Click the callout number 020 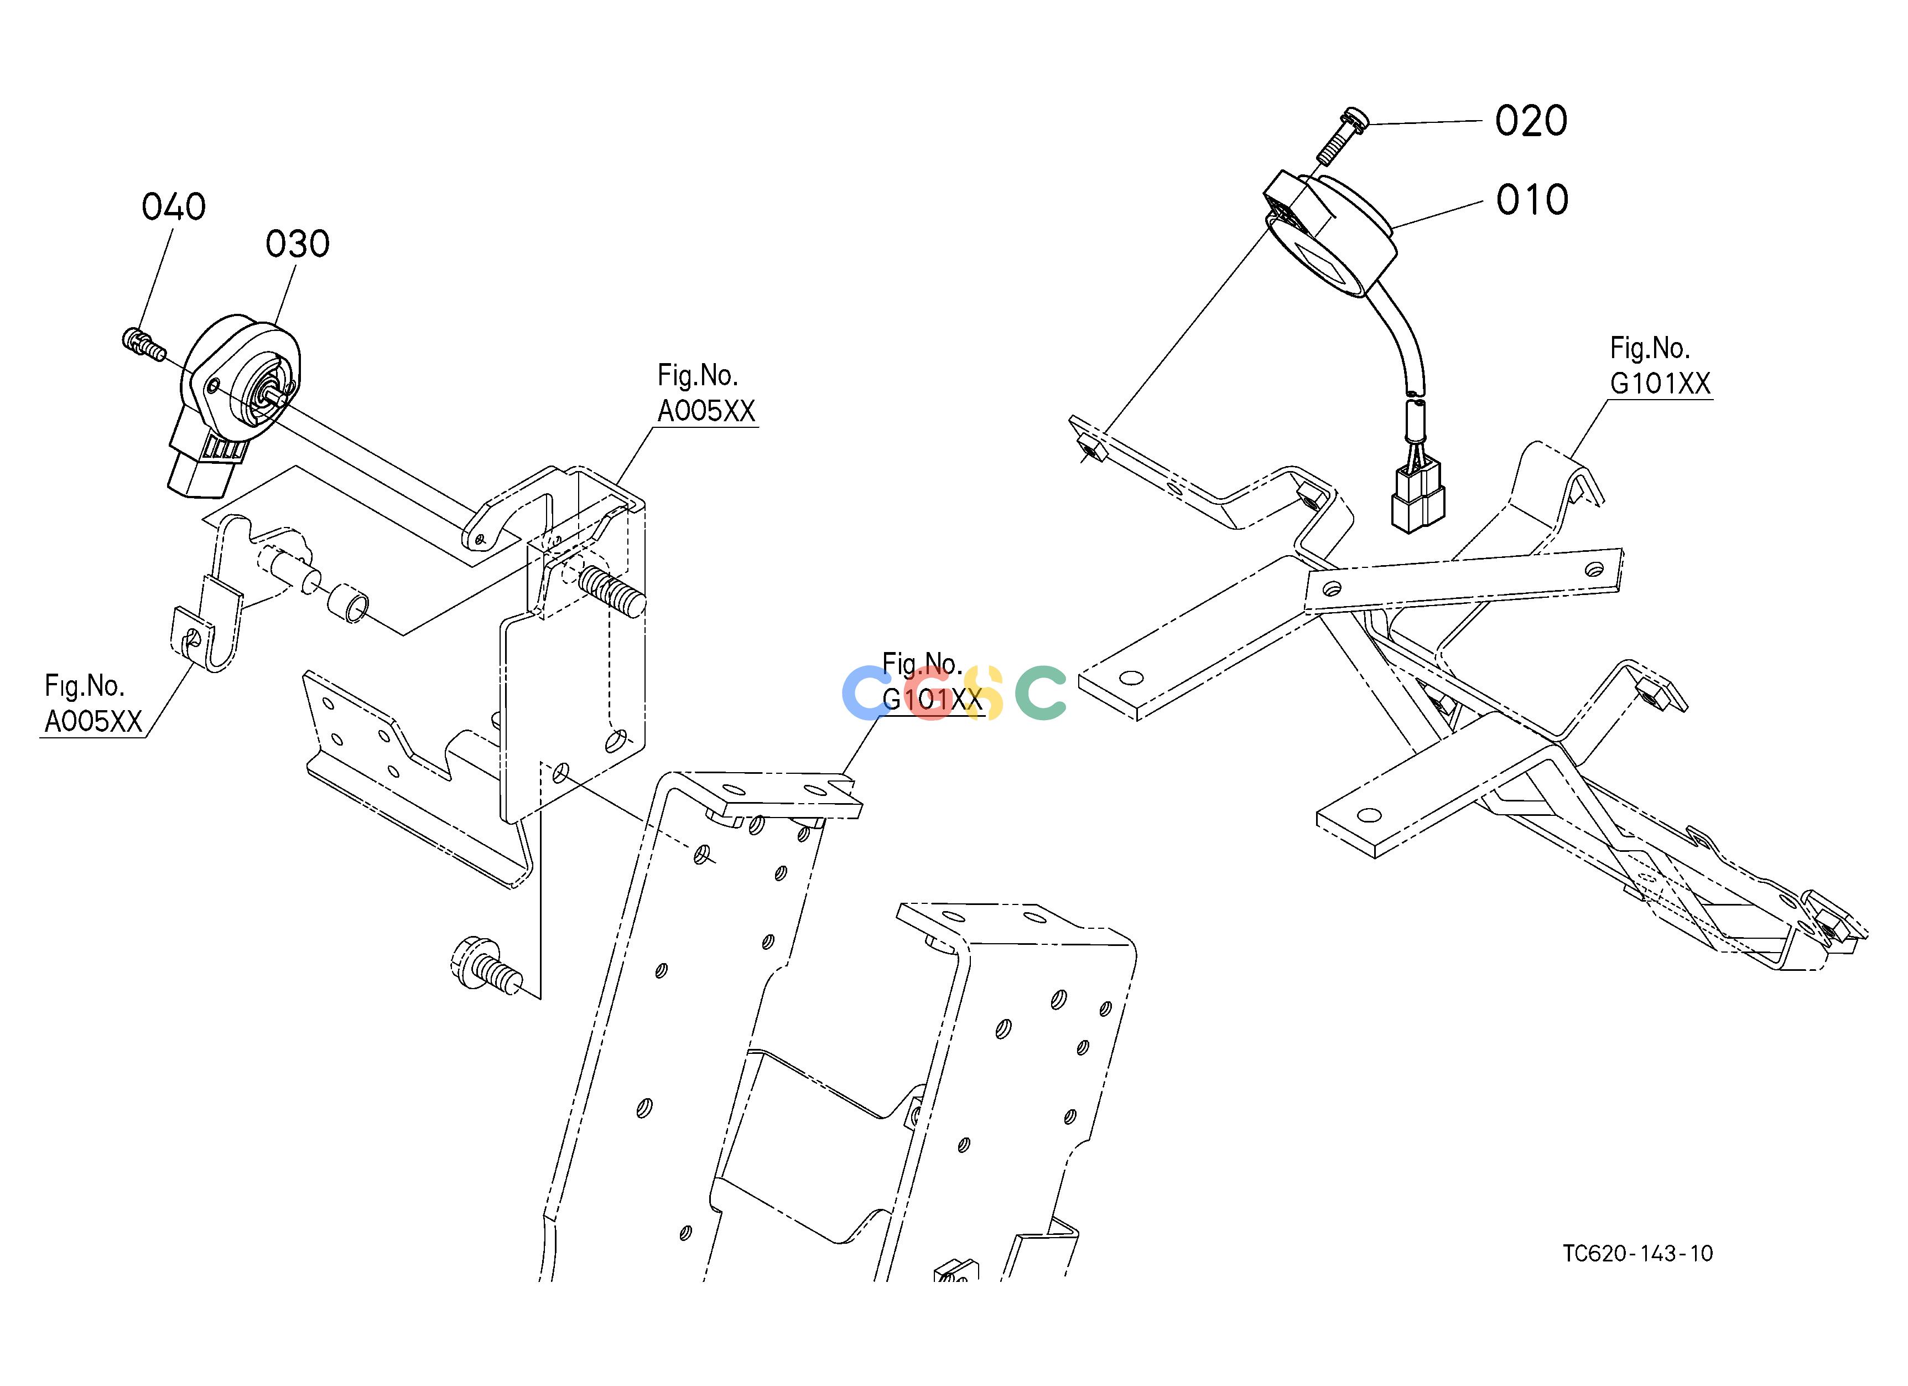[1531, 121]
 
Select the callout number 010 [1532, 200]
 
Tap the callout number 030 [298, 244]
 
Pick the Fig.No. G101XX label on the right [1660, 365]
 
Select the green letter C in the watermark [1041, 692]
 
